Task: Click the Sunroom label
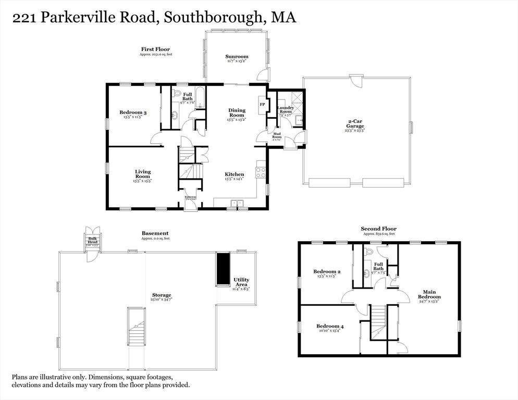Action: tap(237, 56)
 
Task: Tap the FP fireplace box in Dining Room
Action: tap(262, 104)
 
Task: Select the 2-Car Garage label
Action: tap(356, 123)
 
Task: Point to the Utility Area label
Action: tap(241, 282)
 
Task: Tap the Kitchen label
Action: tap(235, 174)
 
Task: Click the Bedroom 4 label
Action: tap(330, 327)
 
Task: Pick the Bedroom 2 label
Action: tap(327, 271)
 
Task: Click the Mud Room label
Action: tap(277, 136)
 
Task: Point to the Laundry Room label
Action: tap(286, 110)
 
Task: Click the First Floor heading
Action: tap(151, 49)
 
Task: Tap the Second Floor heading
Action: tap(378, 229)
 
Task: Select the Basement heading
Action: tap(155, 233)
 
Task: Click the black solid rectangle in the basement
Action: tap(223, 269)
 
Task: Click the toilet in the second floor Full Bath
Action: tap(369, 252)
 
